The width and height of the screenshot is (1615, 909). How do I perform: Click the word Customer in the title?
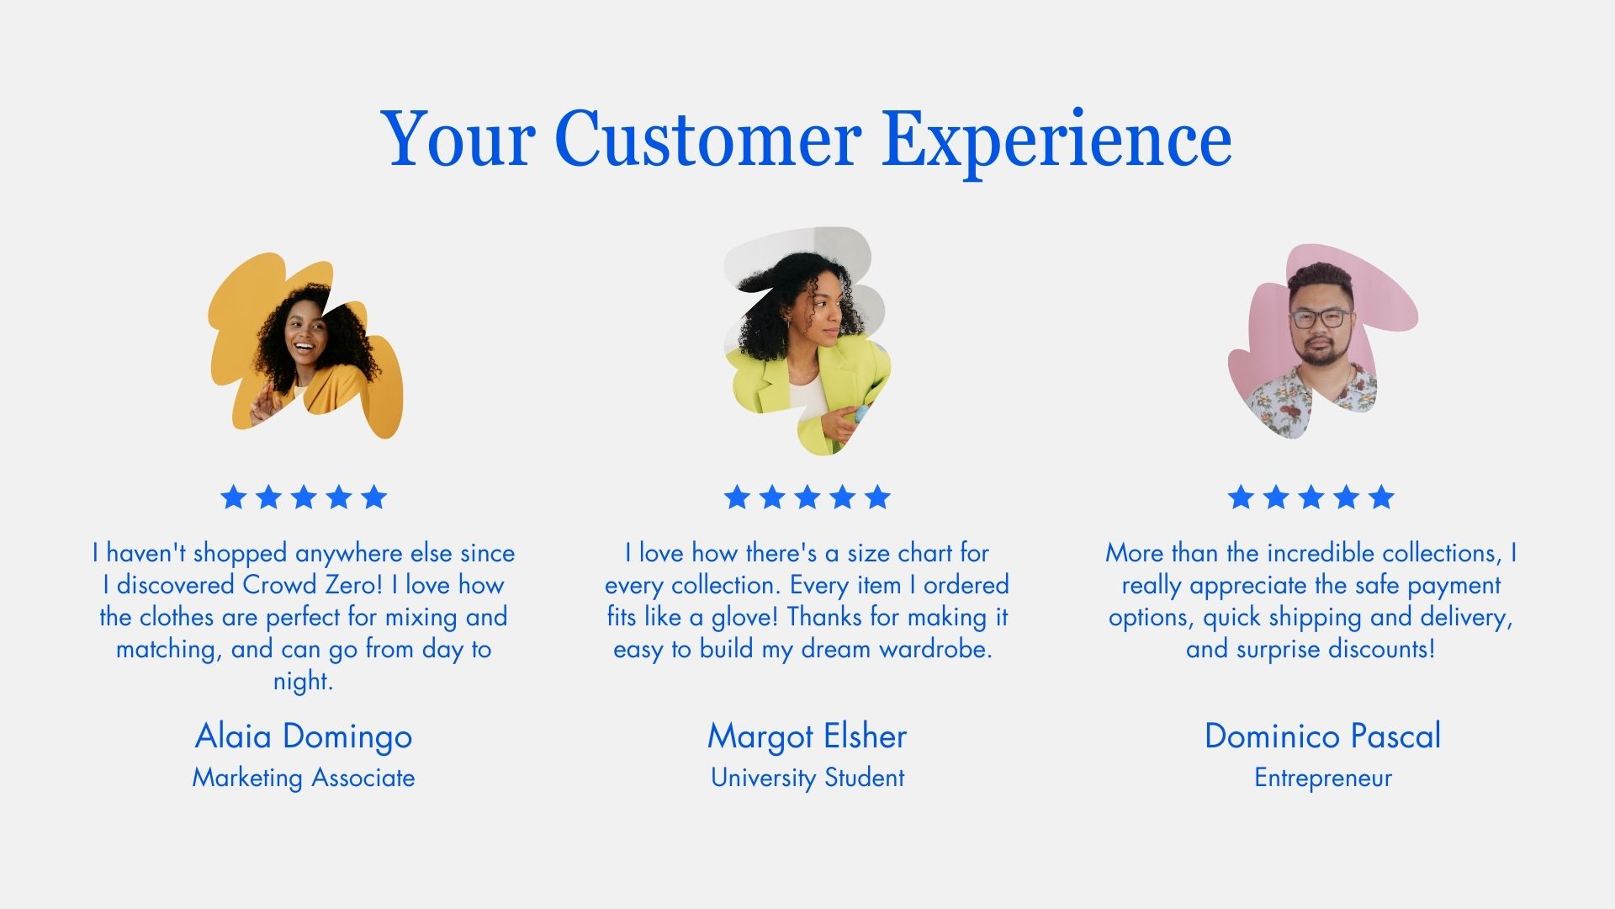[x=708, y=138]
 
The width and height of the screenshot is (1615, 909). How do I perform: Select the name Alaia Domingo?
[x=304, y=737]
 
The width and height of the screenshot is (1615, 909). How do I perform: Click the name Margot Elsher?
[x=807, y=737]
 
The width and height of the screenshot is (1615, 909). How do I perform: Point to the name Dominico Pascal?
[x=1322, y=736]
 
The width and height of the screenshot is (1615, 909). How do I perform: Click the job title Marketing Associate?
[x=304, y=778]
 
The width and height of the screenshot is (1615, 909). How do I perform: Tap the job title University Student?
[x=807, y=778]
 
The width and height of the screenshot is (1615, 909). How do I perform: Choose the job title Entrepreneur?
[x=1323, y=779]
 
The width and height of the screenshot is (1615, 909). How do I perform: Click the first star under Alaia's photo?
[x=233, y=497]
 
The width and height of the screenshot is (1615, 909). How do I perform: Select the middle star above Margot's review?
[x=807, y=497]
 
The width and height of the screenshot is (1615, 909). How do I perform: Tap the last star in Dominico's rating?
[x=1381, y=497]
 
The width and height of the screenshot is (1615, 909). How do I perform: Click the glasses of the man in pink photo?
[x=1320, y=318]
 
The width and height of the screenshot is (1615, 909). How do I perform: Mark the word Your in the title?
[x=458, y=139]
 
